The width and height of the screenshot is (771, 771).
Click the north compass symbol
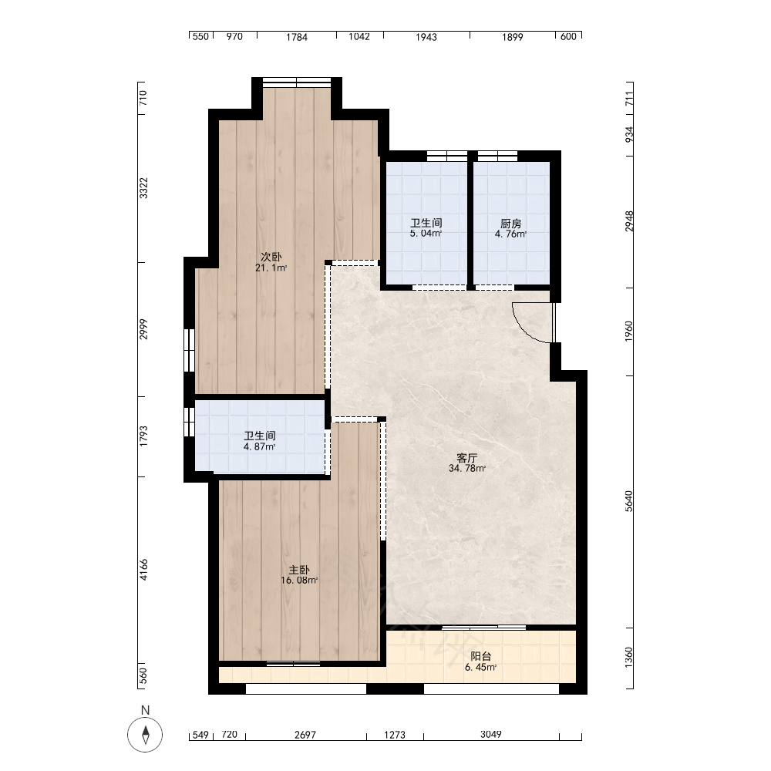(145, 735)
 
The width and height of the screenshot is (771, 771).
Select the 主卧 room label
(299, 570)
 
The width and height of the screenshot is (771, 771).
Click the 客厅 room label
(467, 458)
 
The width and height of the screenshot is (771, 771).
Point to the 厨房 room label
(511, 224)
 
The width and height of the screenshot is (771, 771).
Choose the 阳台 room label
(481, 656)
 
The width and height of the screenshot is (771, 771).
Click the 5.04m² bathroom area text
(426, 234)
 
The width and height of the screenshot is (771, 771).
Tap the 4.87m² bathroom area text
(260, 447)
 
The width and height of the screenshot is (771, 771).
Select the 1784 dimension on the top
(297, 37)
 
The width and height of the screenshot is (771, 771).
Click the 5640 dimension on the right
(629, 501)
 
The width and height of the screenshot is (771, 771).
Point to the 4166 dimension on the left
(143, 570)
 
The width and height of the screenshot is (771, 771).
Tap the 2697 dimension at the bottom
(305, 735)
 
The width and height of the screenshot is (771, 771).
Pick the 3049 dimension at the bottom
(491, 734)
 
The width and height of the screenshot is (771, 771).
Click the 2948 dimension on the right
(629, 221)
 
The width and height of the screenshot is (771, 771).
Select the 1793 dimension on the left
(143, 436)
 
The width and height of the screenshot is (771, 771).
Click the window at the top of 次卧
(297, 82)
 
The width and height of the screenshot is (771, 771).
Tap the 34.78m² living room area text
(467, 469)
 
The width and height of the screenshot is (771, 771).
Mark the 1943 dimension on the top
(426, 37)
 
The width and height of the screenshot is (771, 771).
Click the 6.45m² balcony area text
(481, 667)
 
